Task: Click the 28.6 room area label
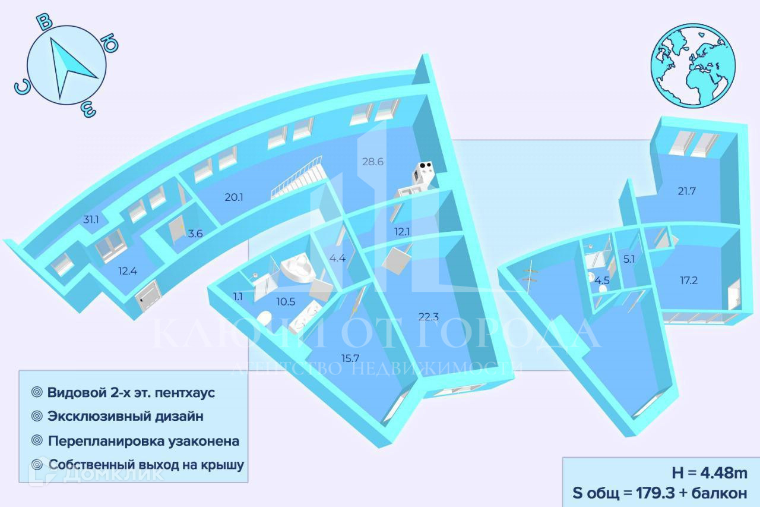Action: point(373,162)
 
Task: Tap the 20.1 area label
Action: point(234,197)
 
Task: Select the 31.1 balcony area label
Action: point(91,220)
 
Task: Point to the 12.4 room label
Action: point(127,272)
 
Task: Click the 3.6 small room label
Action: point(195,234)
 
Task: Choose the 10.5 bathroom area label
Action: point(286,301)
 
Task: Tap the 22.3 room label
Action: point(428,316)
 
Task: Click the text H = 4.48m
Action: point(709,473)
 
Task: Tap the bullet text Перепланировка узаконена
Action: point(144,441)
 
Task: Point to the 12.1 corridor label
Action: point(401,231)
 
